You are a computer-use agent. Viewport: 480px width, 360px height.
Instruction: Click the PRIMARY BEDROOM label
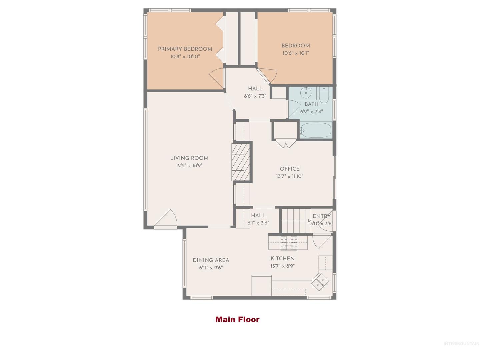coord(185,49)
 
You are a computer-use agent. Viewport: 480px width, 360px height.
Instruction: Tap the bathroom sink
coord(306,93)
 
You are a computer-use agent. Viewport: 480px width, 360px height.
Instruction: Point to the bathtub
coord(316,130)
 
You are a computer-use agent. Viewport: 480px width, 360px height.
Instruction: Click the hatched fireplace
coord(241,162)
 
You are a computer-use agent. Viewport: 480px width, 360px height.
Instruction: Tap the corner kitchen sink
coord(320,282)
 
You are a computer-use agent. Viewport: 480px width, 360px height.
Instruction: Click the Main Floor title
coord(237,320)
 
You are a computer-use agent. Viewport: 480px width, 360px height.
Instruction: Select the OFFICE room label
coord(290,169)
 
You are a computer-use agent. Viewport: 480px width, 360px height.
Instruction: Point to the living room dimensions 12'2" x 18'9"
coord(189,165)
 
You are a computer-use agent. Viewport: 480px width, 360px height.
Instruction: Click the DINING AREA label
coord(211,260)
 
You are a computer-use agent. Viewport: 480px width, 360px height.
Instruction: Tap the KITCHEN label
coord(283,259)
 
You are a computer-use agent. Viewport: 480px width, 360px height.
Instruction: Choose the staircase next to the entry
coord(296,221)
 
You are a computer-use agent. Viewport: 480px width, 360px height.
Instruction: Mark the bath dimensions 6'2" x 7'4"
coord(311,112)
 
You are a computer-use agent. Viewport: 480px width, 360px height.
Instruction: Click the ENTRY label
coord(321,216)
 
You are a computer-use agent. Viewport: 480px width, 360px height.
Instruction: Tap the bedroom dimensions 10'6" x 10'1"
coord(296,53)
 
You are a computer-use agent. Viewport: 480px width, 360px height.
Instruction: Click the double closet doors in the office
coord(286,144)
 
